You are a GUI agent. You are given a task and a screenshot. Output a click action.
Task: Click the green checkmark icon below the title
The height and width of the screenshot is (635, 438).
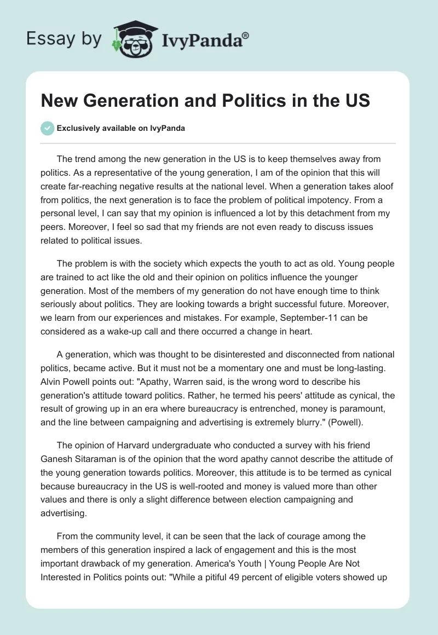click(x=47, y=128)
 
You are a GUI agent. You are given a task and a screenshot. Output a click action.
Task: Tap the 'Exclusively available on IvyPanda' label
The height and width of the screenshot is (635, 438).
click(x=120, y=129)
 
